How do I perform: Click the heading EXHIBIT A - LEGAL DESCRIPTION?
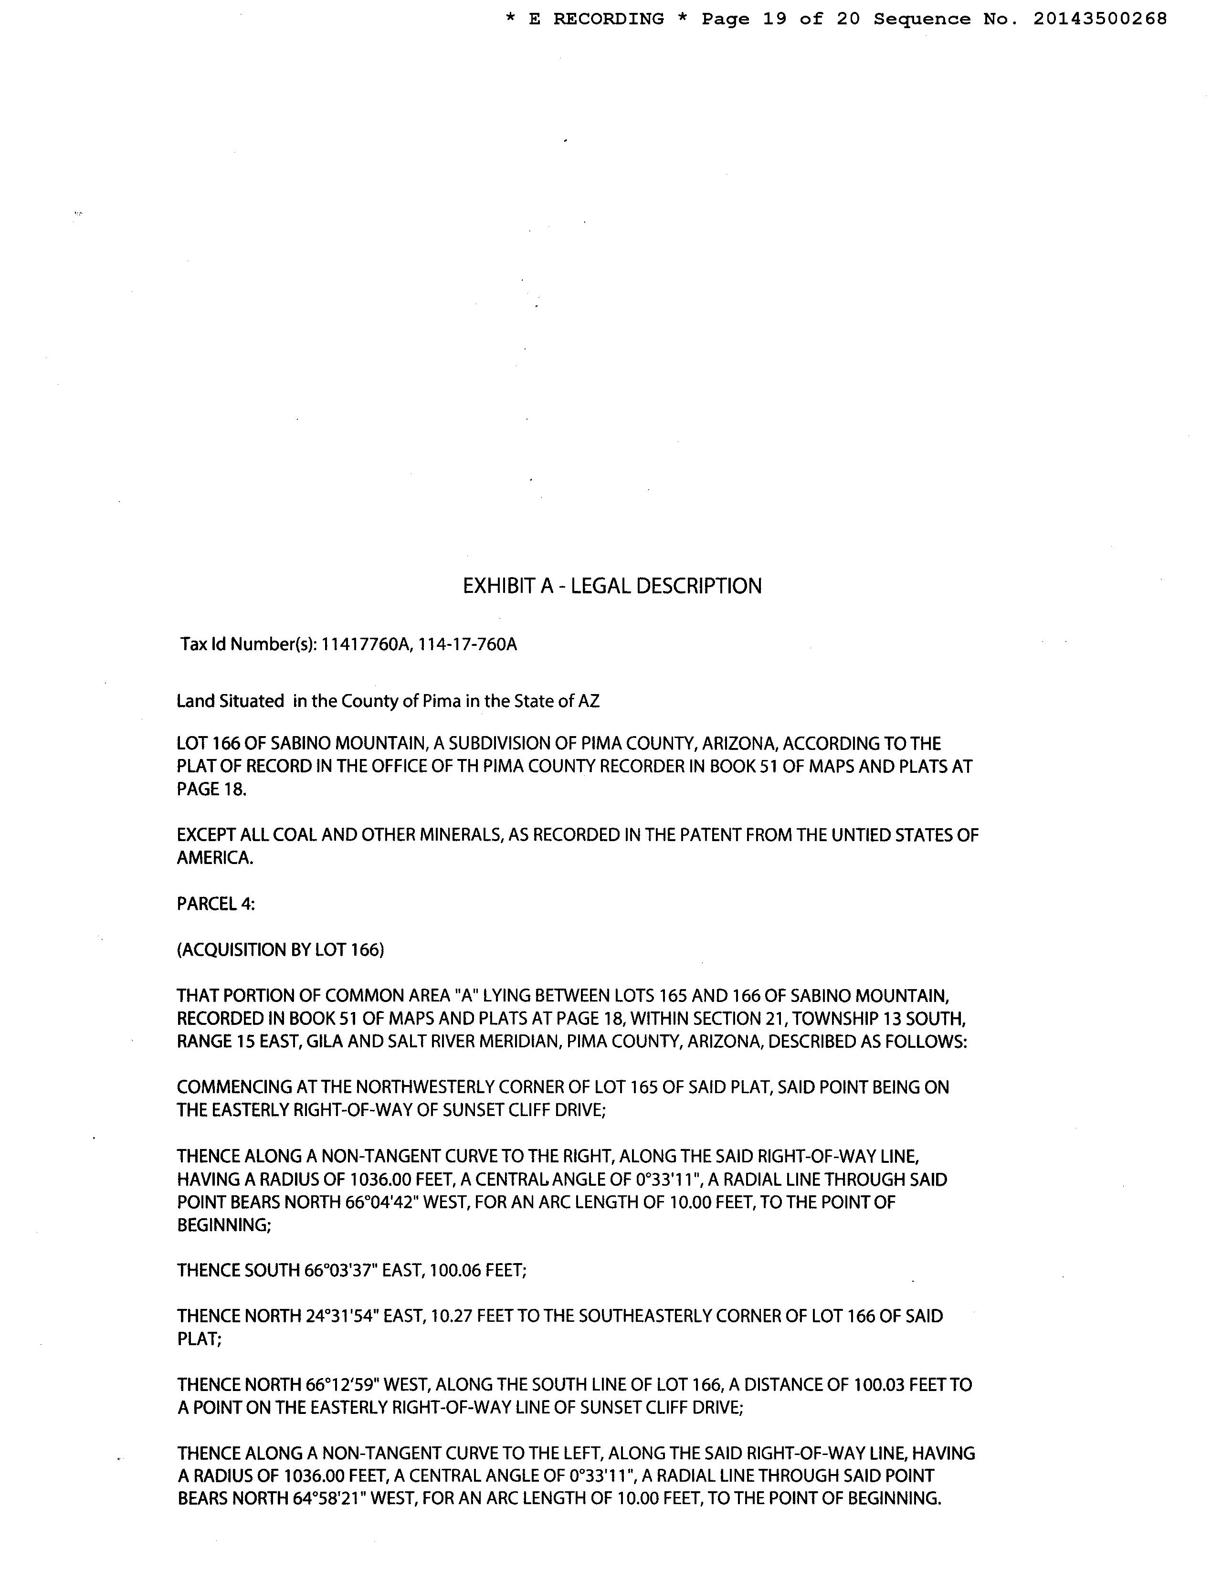[x=612, y=586]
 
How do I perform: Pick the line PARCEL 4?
[x=216, y=904]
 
